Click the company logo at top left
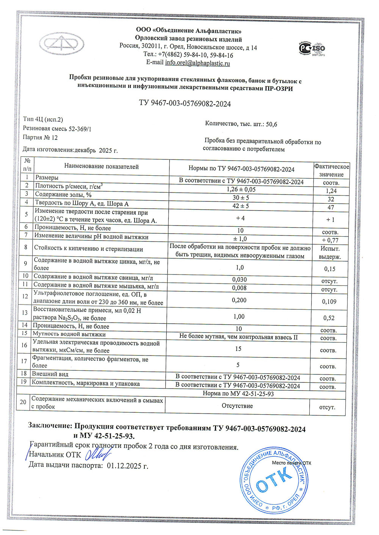(x=62, y=44)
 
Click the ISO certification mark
(x=312, y=49)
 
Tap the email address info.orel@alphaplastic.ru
(x=197, y=63)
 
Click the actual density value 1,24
(x=331, y=191)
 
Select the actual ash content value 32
(x=331, y=199)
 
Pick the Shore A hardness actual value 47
(x=331, y=207)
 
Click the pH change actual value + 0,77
(x=330, y=240)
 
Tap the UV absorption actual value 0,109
(x=329, y=302)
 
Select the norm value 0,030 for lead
(x=239, y=279)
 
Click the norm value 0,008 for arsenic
(x=239, y=288)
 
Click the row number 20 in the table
(x=23, y=402)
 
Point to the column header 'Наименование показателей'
(x=101, y=167)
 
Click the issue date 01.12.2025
(x=127, y=465)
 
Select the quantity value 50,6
(x=271, y=124)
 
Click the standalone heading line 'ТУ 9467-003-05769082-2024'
(x=185, y=104)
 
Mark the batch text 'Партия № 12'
(x=40, y=137)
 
